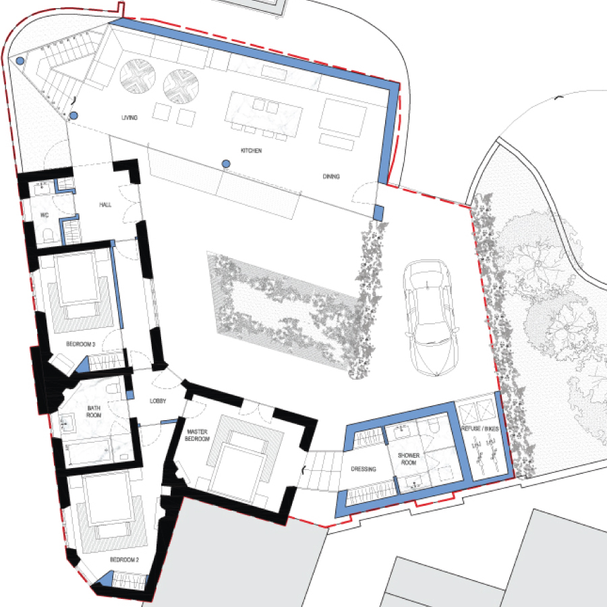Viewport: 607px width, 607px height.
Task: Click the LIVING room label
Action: click(129, 117)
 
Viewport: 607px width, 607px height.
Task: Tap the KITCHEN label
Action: click(252, 150)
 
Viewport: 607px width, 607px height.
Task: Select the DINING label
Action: click(331, 177)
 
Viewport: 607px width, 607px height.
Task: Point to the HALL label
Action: click(105, 205)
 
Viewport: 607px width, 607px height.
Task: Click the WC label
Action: click(45, 215)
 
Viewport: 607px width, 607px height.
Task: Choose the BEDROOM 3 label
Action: click(80, 344)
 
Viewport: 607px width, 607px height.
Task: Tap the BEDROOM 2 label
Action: click(124, 560)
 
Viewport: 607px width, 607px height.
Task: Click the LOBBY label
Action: click(158, 401)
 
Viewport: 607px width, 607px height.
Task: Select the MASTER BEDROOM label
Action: click(197, 435)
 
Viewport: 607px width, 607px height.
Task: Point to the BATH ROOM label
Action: click(94, 411)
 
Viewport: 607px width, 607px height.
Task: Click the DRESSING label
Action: click(364, 469)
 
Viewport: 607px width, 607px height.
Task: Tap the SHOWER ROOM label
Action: click(409, 459)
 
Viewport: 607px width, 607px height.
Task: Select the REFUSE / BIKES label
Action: click(480, 428)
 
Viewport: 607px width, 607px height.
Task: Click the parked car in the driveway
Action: click(430, 318)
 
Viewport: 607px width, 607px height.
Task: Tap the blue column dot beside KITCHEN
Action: click(227, 164)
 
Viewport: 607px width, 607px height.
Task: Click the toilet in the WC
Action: click(49, 235)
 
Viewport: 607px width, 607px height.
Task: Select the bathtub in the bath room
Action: click(96, 452)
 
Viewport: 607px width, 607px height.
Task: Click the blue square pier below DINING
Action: click(378, 213)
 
